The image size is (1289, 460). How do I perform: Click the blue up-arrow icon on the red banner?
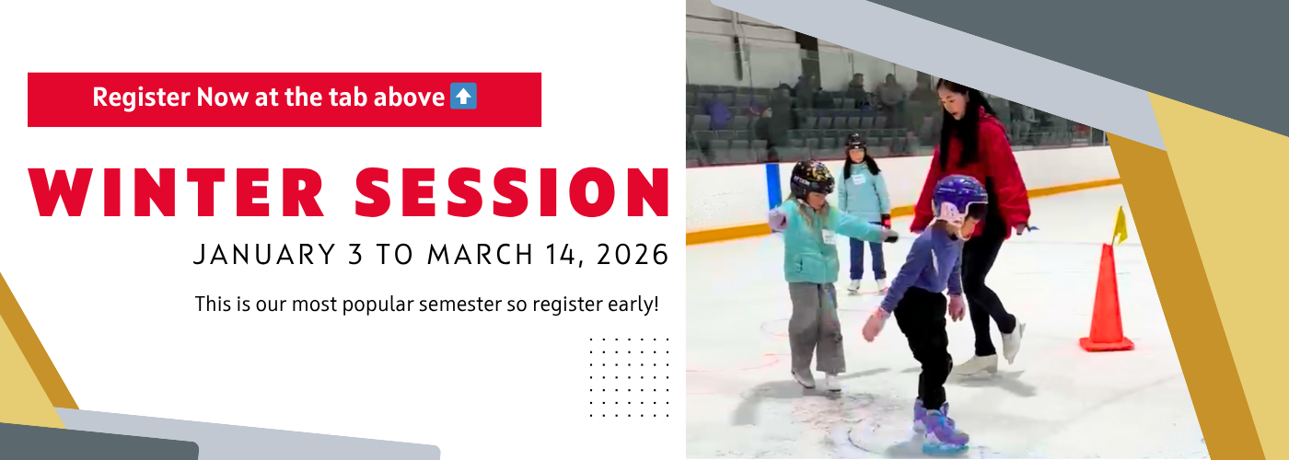point(463,96)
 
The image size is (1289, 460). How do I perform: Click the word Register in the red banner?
point(141,98)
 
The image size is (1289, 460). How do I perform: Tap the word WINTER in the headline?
point(176,192)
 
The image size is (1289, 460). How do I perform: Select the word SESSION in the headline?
point(512,192)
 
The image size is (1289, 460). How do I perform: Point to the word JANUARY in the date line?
point(264,255)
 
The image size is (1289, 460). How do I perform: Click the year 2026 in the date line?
point(633,255)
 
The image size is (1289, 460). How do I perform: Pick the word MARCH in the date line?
point(480,255)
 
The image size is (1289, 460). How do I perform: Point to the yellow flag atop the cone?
point(1120,226)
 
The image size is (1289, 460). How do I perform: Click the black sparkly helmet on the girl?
point(812,178)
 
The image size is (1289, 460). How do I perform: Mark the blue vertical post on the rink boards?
point(772,187)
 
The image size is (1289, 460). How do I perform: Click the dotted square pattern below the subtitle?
point(629,377)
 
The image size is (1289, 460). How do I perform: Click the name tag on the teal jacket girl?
point(828,237)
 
